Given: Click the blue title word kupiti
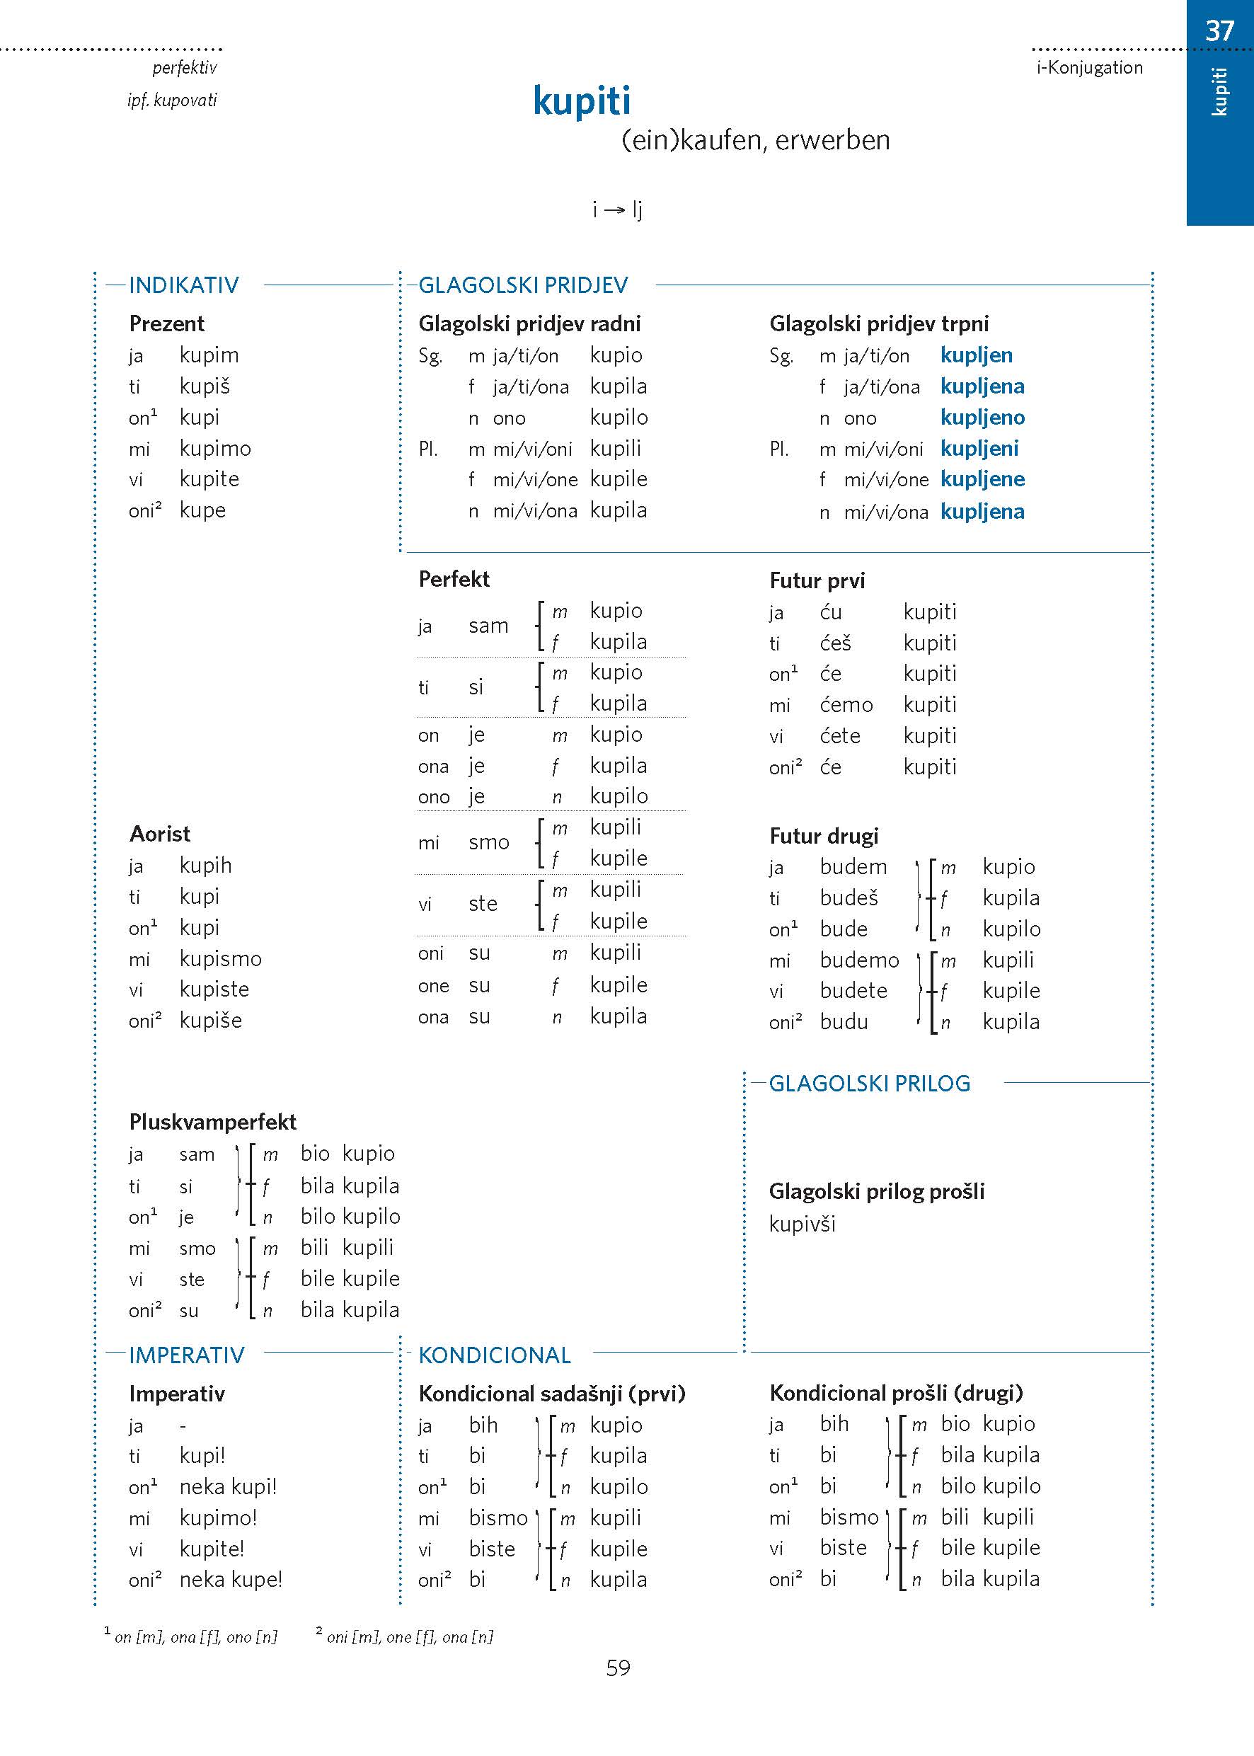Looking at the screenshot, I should pyautogui.click(x=582, y=101).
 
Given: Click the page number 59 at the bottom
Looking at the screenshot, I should pyautogui.click(x=618, y=1668).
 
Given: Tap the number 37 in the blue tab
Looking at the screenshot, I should pyautogui.click(x=1219, y=31).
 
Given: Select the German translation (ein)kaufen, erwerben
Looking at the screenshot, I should pyautogui.click(x=755, y=141).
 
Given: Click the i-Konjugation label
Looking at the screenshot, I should pyautogui.click(x=1088, y=68).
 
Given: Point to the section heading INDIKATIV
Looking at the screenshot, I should pyautogui.click(x=184, y=286).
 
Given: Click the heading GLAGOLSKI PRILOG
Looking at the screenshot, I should pyautogui.click(x=870, y=1084).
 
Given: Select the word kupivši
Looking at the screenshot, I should pyautogui.click(x=803, y=1224).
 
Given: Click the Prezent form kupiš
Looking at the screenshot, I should pyautogui.click(x=205, y=386).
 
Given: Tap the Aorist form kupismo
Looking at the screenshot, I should pyautogui.click(x=220, y=959).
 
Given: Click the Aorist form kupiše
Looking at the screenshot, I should pyautogui.click(x=211, y=1021).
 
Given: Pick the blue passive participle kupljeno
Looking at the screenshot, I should pyautogui.click(x=982, y=418).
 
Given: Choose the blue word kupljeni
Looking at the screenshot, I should pyautogui.click(x=979, y=449).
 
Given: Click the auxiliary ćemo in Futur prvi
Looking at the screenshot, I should pyautogui.click(x=846, y=705).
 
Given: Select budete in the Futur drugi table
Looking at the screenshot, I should pyautogui.click(x=853, y=991).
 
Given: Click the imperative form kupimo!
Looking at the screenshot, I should pyautogui.click(x=218, y=1518).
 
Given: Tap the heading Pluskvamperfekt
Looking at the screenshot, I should pyautogui.click(x=212, y=1122).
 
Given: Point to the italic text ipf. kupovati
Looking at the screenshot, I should pyautogui.click(x=172, y=101).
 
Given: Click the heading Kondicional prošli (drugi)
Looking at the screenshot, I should pyautogui.click(x=896, y=1393).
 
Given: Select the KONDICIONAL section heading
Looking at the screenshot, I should pyautogui.click(x=494, y=1355).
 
